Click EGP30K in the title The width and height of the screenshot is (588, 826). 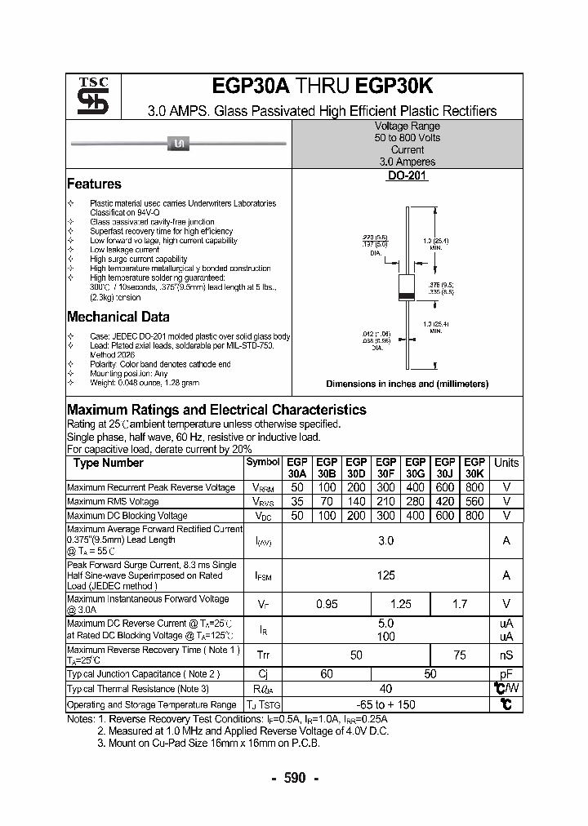point(395,87)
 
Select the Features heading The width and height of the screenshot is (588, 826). point(94,184)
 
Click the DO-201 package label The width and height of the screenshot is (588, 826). point(407,176)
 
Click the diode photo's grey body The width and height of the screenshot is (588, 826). point(179,144)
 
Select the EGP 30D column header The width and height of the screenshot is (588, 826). point(357,468)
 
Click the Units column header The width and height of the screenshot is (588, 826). point(506,463)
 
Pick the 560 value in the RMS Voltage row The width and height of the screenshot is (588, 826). point(474,501)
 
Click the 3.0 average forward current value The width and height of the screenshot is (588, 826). point(385,541)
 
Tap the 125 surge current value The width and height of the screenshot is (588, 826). point(385,575)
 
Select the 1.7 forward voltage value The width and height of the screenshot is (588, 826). point(460,605)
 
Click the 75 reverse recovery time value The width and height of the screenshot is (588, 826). point(460,655)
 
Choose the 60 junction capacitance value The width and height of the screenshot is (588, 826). point(327,674)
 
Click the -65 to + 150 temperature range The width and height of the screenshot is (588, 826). point(385,704)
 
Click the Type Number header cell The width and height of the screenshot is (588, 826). point(109,463)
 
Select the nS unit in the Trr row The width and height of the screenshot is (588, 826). point(506,655)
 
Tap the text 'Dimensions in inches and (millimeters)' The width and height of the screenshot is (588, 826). point(407,384)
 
